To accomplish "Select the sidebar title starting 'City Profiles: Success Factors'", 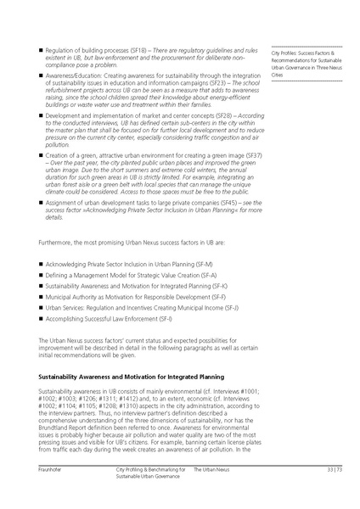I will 307,52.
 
